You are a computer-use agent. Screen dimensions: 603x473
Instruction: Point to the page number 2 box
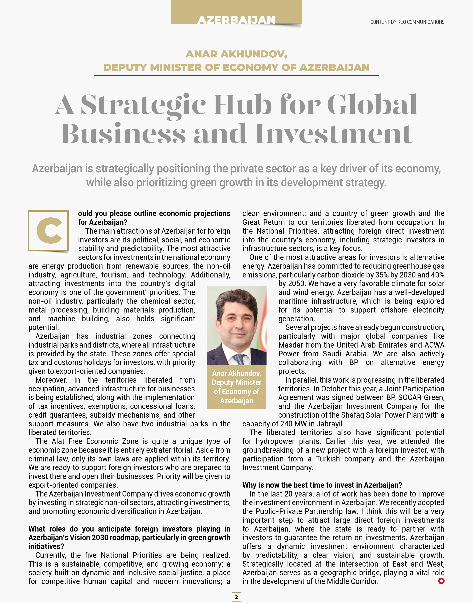[x=236, y=597]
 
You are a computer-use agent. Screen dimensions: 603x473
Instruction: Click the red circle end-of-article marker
[x=441, y=581]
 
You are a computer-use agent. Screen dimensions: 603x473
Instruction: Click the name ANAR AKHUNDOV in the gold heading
[x=236, y=54]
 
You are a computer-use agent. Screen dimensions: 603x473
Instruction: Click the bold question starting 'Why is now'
[x=322, y=485]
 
